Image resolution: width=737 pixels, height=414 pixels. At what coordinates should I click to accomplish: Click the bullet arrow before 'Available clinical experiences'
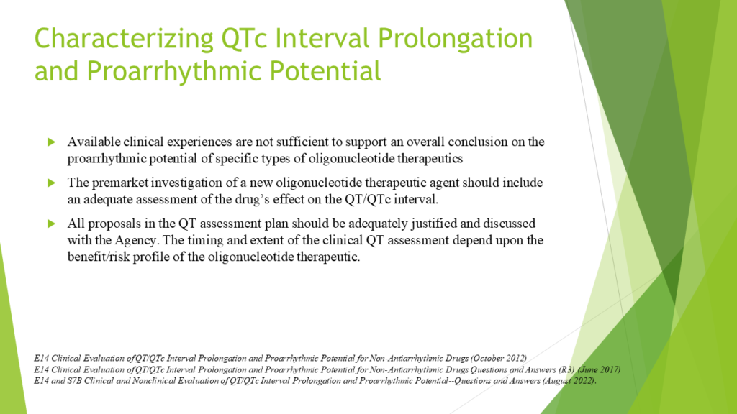[52, 142]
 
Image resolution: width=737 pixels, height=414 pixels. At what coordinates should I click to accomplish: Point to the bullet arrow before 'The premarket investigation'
[52, 183]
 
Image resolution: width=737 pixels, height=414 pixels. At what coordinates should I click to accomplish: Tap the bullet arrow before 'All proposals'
[52, 224]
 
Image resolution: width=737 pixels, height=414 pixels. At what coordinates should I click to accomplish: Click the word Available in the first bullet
[91, 142]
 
